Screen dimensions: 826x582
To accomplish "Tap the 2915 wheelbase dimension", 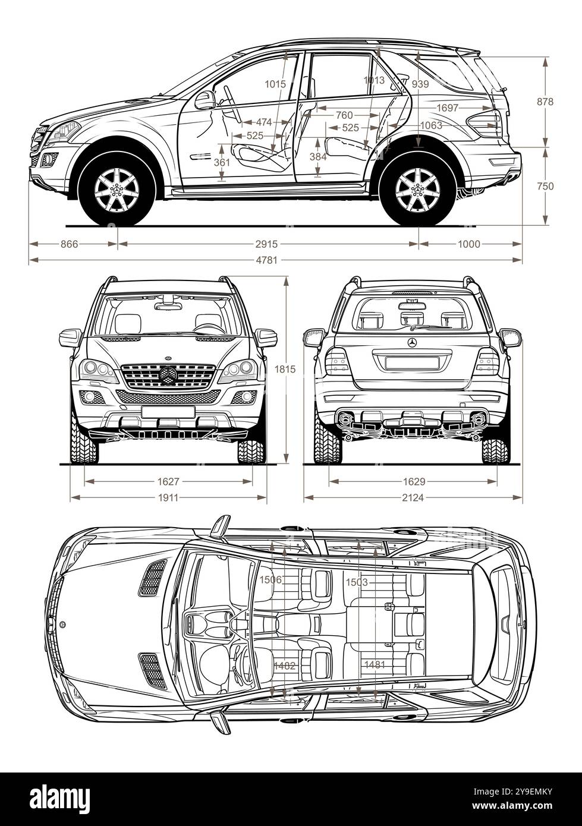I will coord(267,244).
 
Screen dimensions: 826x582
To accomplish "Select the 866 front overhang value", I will coord(70,244).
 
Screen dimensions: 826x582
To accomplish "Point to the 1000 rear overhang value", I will coord(469,244).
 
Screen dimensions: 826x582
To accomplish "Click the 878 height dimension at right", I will coord(545,102).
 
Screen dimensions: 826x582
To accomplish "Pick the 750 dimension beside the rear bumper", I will coord(545,186).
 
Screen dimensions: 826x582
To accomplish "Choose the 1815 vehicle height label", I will coord(285,369).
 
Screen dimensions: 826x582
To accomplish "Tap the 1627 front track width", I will coord(168,481).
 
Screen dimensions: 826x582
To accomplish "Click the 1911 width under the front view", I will coord(168,497).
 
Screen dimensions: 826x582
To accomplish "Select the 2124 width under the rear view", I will coord(413,497).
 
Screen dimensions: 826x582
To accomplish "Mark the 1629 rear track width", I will coord(413,481).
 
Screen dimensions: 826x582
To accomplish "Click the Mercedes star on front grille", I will coord(168,376).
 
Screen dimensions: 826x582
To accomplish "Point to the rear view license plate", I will coord(413,362).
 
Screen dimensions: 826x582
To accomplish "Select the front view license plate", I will coord(168,411).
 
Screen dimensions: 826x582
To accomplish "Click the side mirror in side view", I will coord(205,100).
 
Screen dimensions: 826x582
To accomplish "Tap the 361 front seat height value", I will coord(221,162).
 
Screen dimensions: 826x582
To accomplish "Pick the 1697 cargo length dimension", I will coord(447,108).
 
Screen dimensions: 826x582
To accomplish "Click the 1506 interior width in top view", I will coord(271,579).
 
